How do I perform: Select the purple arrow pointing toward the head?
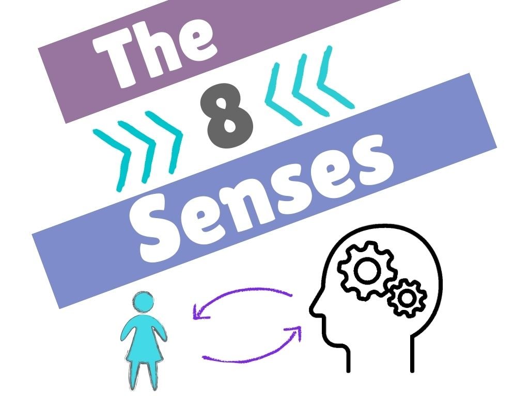point(253,351)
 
